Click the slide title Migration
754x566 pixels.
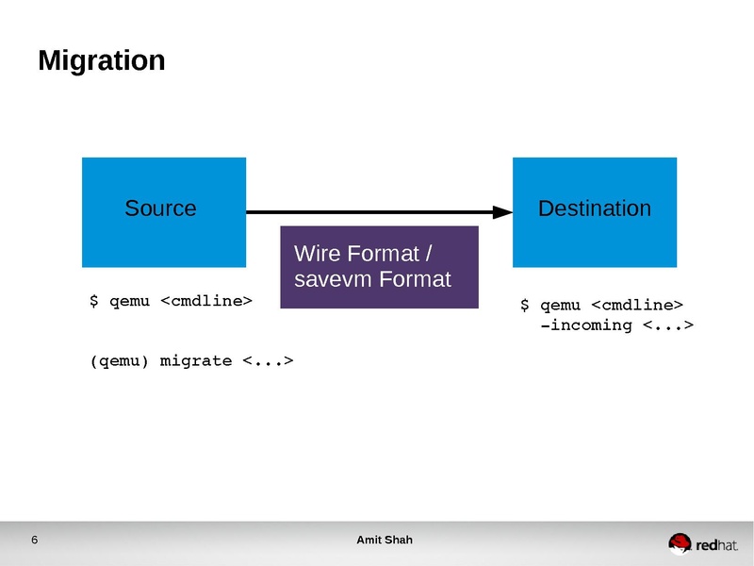[102, 61]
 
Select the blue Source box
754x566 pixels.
[164, 211]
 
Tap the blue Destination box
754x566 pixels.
[594, 211]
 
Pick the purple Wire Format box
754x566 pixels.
[380, 267]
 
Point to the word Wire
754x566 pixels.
[318, 254]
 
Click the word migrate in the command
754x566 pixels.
[196, 360]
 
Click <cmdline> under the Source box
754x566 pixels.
[206, 301]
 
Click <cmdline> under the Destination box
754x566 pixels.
[637, 305]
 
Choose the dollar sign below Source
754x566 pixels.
[93, 301]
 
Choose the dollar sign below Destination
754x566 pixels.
[525, 305]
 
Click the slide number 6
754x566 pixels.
[35, 541]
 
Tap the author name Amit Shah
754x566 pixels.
[384, 541]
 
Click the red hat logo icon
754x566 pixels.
[680, 542]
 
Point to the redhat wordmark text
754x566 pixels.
[717, 545]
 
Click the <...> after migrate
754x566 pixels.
[268, 360]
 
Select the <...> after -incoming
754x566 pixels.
[668, 325]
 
